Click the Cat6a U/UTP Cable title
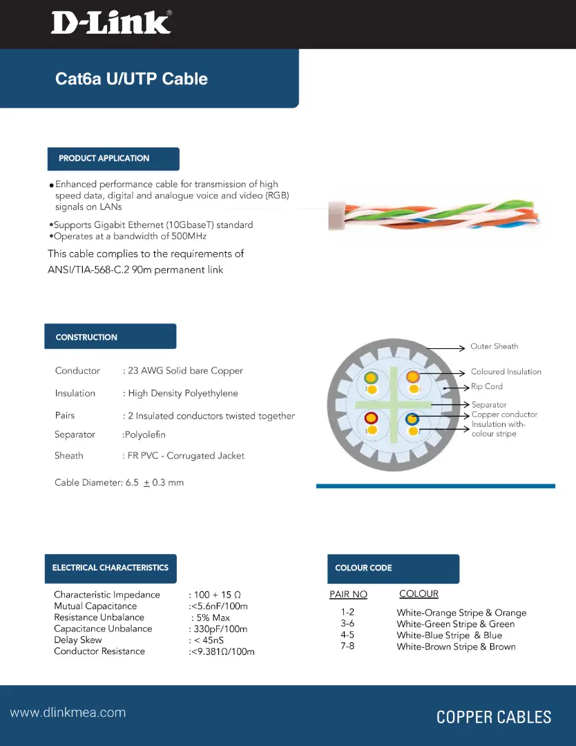[131, 79]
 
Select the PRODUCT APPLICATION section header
[104, 158]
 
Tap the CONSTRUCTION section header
[86, 337]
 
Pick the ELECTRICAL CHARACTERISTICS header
[111, 568]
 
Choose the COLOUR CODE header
[363, 568]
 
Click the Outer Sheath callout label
[494, 347]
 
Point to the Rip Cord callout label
[487, 387]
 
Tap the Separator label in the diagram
[489, 405]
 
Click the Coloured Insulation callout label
[506, 372]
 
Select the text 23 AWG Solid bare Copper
[185, 371]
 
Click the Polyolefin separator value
[144, 434]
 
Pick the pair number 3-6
[347, 624]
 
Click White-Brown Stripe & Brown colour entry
[456, 647]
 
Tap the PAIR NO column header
[348, 595]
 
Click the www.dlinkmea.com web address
[68, 713]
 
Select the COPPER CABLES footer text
[494, 717]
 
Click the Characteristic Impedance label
[107, 595]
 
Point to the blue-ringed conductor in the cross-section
[413, 419]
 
